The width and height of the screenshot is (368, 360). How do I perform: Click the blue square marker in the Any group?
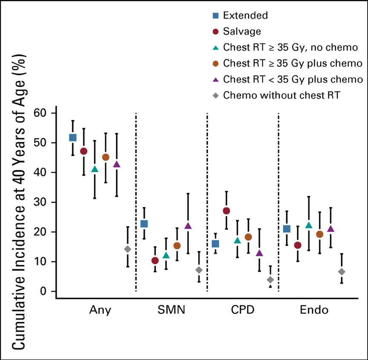[x=73, y=137]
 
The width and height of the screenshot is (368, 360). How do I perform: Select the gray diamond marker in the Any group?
[x=127, y=249]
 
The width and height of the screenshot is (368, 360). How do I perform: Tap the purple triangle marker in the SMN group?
[x=188, y=226]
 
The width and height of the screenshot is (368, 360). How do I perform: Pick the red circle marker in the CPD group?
[x=226, y=211]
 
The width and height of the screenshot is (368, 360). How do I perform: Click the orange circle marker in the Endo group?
[x=319, y=234]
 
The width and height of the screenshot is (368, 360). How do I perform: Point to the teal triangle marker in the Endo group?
[x=309, y=225]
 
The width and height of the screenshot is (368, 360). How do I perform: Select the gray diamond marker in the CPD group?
[x=270, y=279]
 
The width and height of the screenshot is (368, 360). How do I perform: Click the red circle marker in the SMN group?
[x=155, y=260]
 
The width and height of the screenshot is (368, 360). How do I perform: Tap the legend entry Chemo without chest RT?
[x=281, y=95]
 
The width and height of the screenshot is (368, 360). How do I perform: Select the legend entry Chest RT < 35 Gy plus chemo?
[x=293, y=79]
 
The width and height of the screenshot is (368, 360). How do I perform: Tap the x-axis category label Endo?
[x=314, y=310]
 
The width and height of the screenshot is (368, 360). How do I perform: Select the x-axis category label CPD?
[x=243, y=310]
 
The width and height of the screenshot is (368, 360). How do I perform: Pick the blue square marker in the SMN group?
[x=144, y=224]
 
